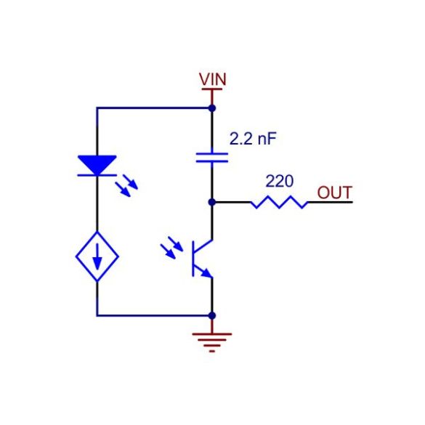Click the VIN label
point(212,79)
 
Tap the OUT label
point(335,193)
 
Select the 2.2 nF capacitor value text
point(253,139)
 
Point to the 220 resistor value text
point(280,181)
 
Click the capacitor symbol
point(212,158)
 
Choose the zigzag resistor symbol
point(280,202)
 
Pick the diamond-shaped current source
point(97,256)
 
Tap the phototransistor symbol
point(202,259)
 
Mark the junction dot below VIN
point(212,108)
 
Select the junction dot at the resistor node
point(212,202)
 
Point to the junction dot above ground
point(212,315)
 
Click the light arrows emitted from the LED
point(126,186)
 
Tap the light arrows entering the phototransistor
point(172,248)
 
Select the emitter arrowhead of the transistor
point(207,273)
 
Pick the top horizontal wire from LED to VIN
point(154,108)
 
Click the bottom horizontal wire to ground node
point(154,315)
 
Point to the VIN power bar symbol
point(212,89)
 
